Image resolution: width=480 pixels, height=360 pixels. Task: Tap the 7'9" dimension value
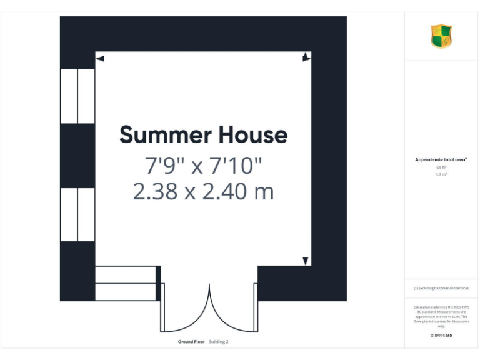pos(164,166)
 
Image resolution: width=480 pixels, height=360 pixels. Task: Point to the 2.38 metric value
pos(156,191)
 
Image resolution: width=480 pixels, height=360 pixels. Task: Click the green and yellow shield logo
pos(441,36)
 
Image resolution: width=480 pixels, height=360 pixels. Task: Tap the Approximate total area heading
pos(441,160)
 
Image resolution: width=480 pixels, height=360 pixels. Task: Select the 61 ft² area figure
pos(441,167)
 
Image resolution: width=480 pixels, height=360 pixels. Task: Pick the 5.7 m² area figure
pos(441,174)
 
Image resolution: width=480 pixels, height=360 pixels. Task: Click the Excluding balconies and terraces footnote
pos(441,288)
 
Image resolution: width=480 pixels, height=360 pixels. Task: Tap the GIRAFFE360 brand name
pos(441,336)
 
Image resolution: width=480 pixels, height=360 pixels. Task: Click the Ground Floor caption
pos(191,342)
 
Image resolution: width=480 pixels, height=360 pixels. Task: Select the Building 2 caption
pos(219,342)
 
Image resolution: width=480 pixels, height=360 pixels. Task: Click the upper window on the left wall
pos(77,96)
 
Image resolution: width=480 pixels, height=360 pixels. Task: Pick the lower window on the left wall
pos(77,214)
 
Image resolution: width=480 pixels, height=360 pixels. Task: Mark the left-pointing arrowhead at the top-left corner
pos(99,59)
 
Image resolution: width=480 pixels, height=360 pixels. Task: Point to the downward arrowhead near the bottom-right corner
pos(306,261)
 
